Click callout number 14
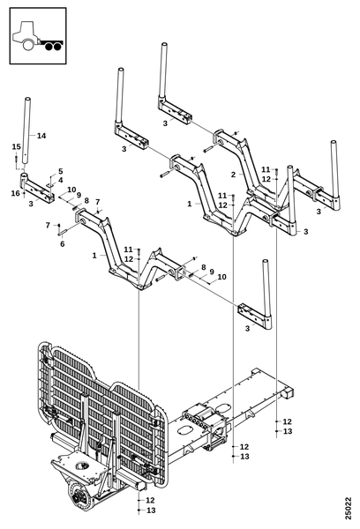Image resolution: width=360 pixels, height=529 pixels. click(x=41, y=136)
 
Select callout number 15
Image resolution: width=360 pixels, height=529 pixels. click(x=16, y=146)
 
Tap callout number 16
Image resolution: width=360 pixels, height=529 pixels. click(x=16, y=193)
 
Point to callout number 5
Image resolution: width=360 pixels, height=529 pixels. click(x=61, y=171)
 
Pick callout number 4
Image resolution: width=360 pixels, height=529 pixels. click(x=61, y=180)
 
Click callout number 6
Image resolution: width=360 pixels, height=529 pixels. click(x=62, y=244)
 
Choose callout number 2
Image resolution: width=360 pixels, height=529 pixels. click(x=233, y=175)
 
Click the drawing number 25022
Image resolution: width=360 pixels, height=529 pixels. click(x=349, y=509)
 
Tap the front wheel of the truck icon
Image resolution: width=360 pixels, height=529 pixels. click(x=27, y=45)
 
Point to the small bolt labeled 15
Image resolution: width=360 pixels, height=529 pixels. click(x=16, y=161)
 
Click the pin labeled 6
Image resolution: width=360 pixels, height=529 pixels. click(x=64, y=232)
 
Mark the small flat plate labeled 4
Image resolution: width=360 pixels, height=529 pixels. click(x=50, y=185)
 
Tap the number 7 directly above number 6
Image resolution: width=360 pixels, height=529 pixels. click(x=48, y=225)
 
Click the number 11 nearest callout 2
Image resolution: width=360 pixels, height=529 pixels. click(x=266, y=169)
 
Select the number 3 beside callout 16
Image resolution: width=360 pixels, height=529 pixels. click(x=31, y=204)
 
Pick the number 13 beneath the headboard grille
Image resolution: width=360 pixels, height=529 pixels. click(x=151, y=510)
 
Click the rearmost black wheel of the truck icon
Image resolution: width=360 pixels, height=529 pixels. click(x=57, y=47)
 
